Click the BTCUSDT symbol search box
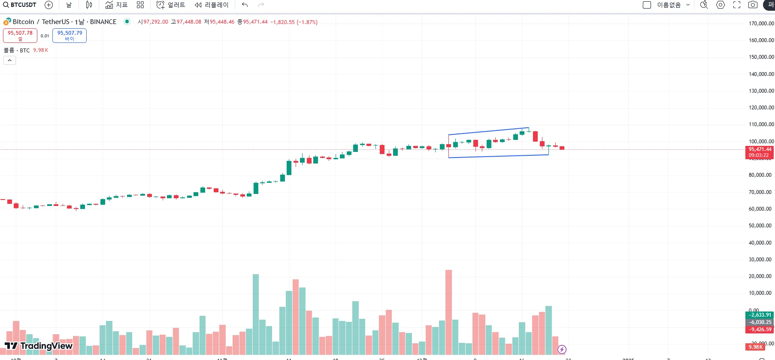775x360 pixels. coord(20,5)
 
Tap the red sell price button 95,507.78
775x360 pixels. coord(20,35)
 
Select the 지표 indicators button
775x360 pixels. coord(117,5)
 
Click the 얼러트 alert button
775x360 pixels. coord(171,5)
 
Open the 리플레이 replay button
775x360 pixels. coord(212,5)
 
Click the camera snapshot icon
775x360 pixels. coord(753,5)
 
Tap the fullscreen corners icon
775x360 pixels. coord(737,5)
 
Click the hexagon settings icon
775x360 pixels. coord(721,5)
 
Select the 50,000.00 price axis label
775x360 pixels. coord(760,226)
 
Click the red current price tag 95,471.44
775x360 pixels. coord(760,150)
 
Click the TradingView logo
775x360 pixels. coord(39,346)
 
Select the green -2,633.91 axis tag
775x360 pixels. coord(760,315)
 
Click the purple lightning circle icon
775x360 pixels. coord(562,349)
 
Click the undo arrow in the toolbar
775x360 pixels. coord(245,5)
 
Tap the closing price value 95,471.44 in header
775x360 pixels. coord(255,22)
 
